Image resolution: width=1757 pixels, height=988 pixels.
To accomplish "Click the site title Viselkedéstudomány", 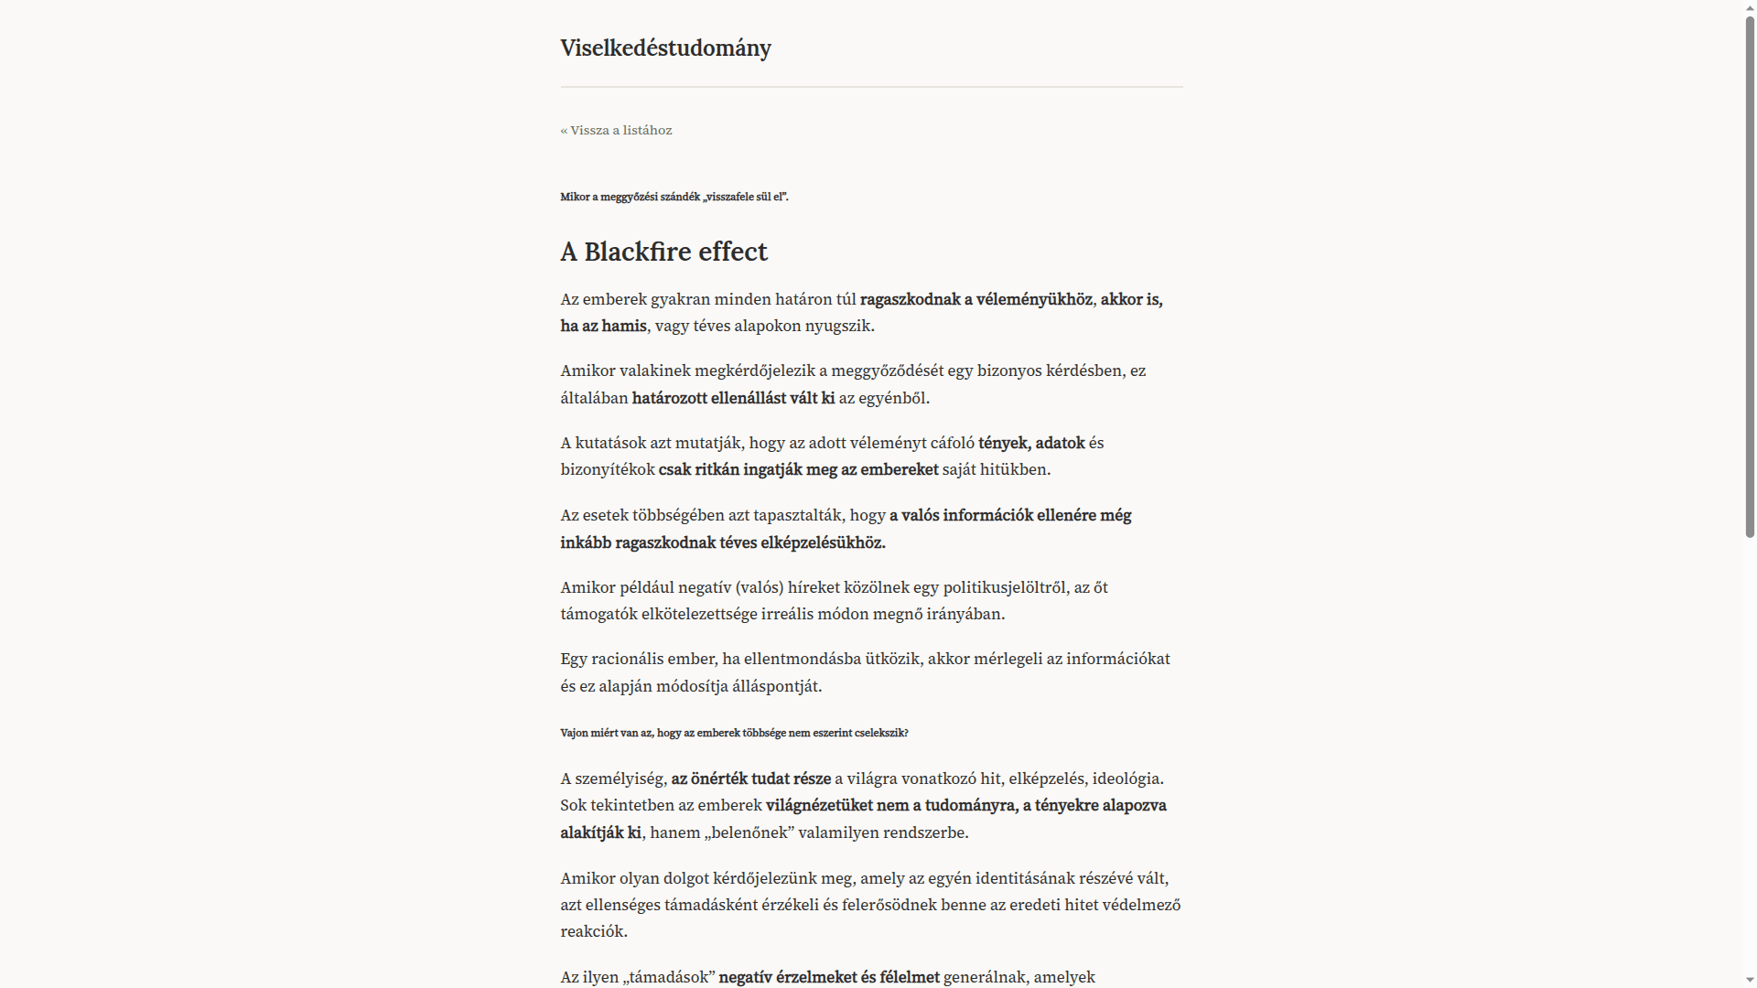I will coord(665,48).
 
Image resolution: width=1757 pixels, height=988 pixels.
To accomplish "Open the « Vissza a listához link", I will coord(616,130).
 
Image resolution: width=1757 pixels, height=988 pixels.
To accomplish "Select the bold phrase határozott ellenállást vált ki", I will coord(733,398).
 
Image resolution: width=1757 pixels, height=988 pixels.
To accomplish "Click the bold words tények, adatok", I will coord(1031,443).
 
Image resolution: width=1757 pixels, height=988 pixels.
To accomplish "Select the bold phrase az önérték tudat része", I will coord(750,779).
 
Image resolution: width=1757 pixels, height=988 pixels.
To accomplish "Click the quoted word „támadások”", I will coord(668,977).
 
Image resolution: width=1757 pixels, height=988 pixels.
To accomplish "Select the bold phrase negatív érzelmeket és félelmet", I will coord(829,977).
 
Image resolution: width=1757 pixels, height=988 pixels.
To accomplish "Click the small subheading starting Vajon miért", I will coord(734,733).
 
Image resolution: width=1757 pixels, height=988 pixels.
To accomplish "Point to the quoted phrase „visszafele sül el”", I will coord(745,197).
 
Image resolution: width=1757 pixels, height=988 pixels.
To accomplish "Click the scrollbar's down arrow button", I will coord(1750,981).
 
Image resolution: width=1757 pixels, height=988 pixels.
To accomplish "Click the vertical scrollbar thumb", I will coord(1750,274).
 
